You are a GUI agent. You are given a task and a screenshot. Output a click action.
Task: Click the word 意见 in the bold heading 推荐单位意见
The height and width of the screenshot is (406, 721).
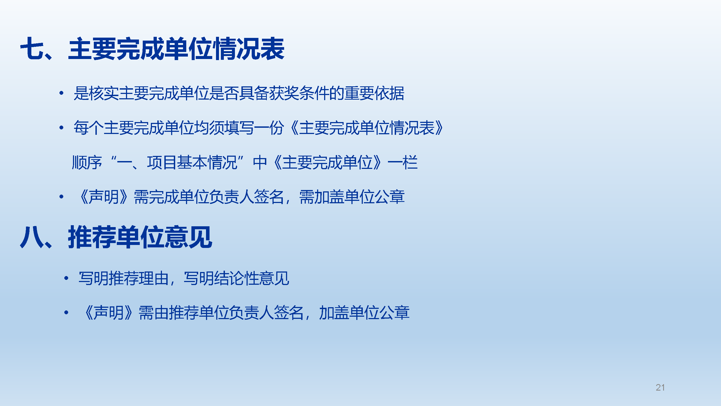(x=188, y=237)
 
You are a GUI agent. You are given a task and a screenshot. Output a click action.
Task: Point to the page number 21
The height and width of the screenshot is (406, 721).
(x=660, y=388)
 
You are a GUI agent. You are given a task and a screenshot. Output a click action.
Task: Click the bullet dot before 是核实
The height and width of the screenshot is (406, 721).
(x=61, y=93)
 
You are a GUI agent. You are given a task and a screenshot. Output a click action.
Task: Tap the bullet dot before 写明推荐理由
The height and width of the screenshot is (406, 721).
(x=66, y=278)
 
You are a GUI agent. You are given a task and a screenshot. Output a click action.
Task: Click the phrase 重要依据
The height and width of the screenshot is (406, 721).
(x=374, y=93)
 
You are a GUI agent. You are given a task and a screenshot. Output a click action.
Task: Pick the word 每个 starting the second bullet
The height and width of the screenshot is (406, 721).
(x=88, y=128)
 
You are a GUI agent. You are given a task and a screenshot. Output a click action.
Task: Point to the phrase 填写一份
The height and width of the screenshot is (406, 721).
(x=254, y=128)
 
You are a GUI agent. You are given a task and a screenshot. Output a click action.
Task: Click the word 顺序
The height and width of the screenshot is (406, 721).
(x=87, y=162)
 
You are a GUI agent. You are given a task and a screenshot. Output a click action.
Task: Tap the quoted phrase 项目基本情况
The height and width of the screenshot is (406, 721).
(x=192, y=162)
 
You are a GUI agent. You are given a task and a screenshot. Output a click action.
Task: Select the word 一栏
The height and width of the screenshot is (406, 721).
(x=403, y=162)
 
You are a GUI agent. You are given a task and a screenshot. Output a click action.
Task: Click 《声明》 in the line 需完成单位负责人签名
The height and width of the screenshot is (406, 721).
(x=104, y=197)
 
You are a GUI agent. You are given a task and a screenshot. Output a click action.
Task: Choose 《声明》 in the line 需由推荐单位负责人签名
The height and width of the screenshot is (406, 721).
(x=109, y=313)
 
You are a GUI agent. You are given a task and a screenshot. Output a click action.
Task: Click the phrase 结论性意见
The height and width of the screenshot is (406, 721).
(x=252, y=278)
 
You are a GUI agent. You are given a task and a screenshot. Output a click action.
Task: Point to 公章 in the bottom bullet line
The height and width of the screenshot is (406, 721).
(x=395, y=313)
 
